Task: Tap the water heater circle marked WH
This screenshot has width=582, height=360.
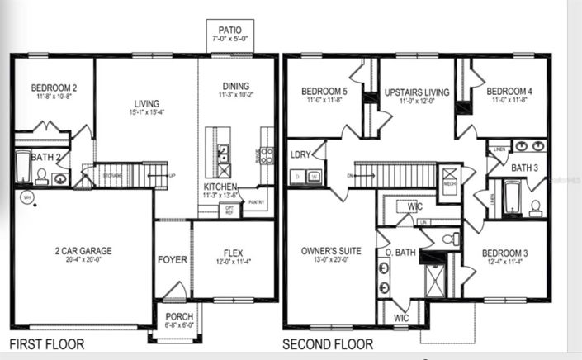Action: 26,197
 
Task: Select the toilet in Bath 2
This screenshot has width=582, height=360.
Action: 41,175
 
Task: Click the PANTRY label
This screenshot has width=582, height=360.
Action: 257,201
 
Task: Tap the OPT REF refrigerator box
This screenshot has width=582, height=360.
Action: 229,211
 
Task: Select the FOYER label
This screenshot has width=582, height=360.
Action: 173,259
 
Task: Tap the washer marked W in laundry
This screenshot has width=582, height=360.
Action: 314,176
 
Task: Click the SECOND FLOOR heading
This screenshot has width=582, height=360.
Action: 327,344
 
